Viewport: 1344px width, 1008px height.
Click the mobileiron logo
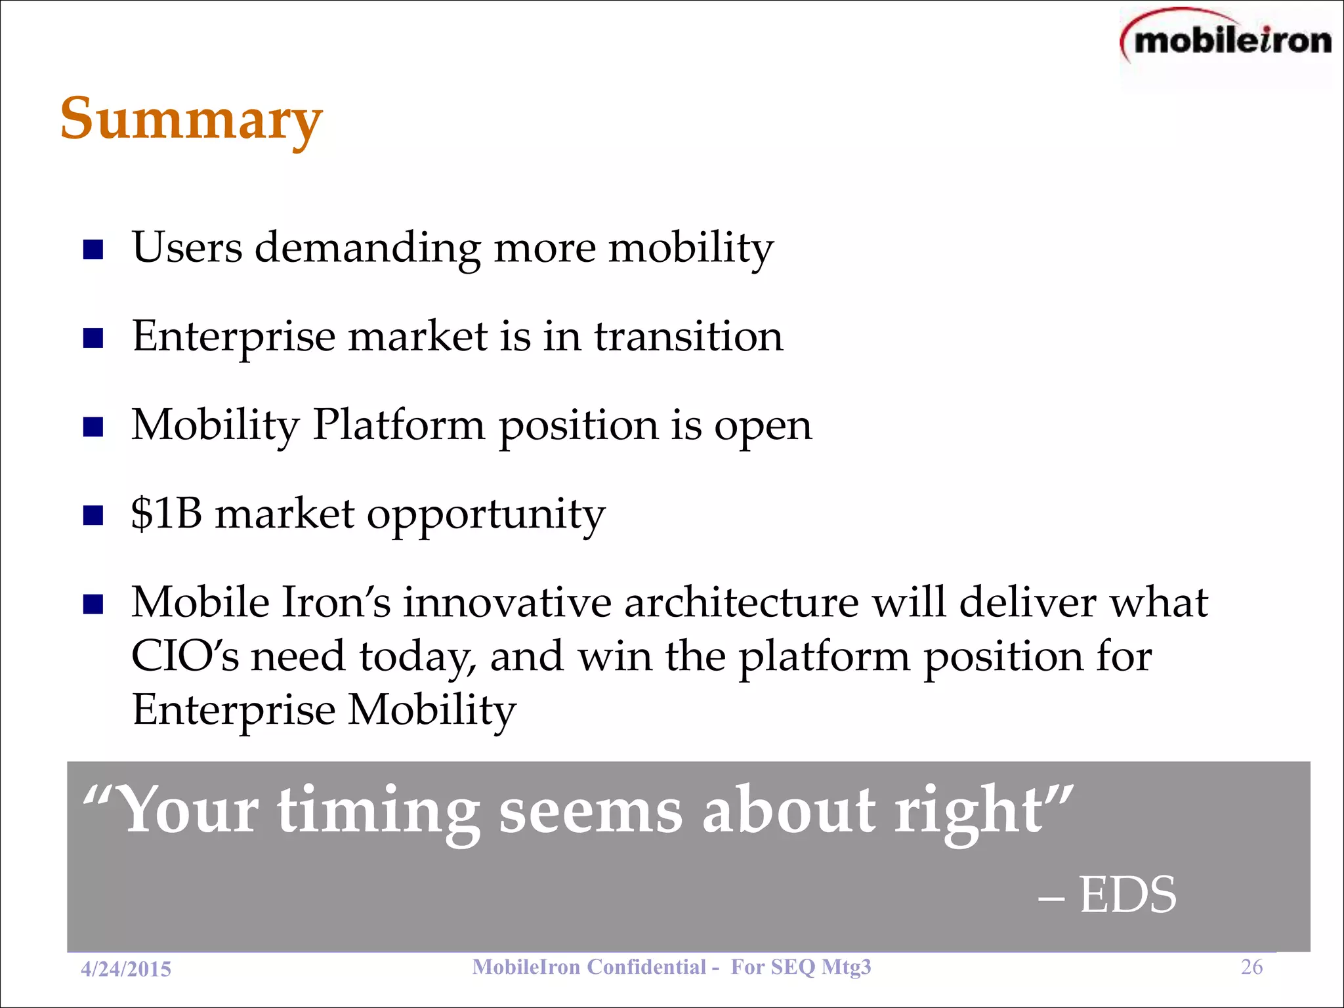[x=1227, y=41]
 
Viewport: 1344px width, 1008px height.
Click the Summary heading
[x=191, y=119]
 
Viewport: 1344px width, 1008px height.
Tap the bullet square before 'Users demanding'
[x=94, y=250]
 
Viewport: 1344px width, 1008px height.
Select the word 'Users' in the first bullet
[x=187, y=247]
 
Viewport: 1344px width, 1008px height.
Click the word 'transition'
[x=688, y=337]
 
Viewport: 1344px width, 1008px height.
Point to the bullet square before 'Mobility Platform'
[x=94, y=427]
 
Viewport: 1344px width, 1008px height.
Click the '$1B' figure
[x=167, y=513]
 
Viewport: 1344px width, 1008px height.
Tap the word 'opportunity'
[x=486, y=516]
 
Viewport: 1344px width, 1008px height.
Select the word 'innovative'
[x=507, y=602]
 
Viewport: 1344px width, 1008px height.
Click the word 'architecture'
[x=741, y=602]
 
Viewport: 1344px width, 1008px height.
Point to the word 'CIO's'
[x=186, y=656]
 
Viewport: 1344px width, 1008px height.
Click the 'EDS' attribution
[x=1127, y=895]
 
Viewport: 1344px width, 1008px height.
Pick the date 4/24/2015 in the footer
[x=126, y=969]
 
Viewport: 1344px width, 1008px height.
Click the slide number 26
[x=1251, y=967]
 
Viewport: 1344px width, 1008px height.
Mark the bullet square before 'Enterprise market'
[x=94, y=339]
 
